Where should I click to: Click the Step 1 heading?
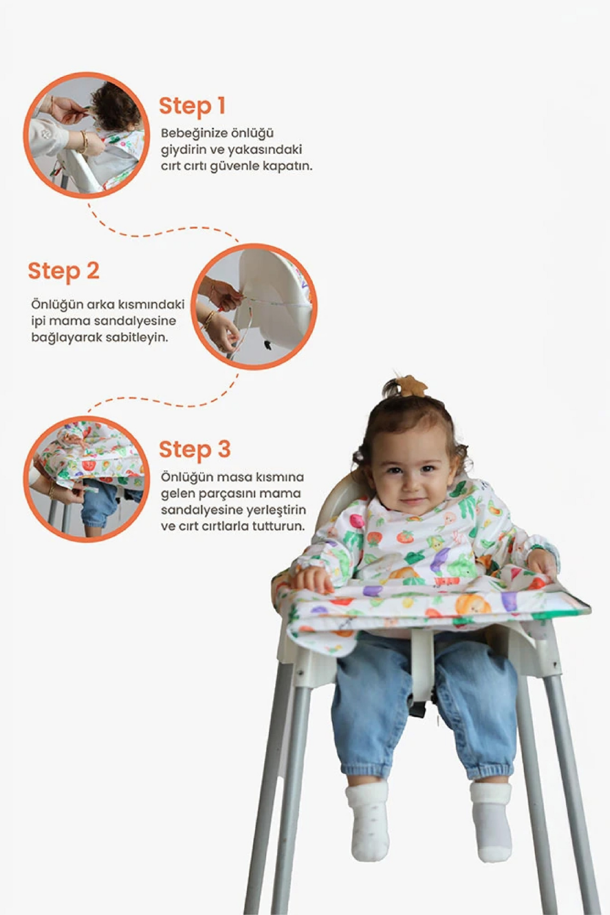coord(192,106)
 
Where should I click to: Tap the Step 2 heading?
coord(63,271)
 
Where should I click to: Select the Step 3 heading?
coord(195,450)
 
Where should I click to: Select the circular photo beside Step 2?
coord(254,307)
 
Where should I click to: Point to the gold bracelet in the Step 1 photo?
coord(84,141)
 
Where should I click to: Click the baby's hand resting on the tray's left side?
coord(312,579)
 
